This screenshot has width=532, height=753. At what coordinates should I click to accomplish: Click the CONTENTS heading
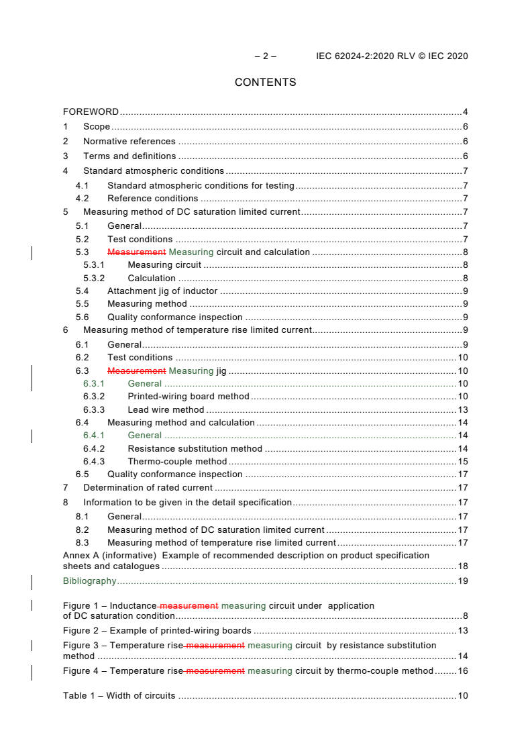(x=265, y=83)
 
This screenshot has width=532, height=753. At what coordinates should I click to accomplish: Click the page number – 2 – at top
(x=265, y=56)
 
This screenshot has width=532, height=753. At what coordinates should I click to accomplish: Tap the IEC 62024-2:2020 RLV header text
(x=392, y=56)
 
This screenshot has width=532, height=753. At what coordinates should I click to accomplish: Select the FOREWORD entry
(x=91, y=112)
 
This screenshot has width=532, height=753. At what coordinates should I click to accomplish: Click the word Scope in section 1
(x=97, y=127)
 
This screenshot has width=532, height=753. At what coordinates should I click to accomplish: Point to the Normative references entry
(x=129, y=142)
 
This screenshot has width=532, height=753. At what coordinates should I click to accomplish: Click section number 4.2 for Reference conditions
(x=82, y=199)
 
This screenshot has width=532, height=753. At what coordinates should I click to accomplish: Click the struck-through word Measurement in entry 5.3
(x=136, y=252)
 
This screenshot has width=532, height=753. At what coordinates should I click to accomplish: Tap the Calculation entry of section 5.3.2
(x=152, y=279)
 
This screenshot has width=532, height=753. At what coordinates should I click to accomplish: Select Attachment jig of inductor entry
(x=162, y=291)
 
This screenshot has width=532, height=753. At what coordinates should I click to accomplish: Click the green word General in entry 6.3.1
(x=144, y=384)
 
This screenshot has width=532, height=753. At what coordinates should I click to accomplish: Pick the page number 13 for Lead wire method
(x=462, y=410)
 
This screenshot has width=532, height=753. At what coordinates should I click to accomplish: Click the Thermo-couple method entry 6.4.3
(x=177, y=462)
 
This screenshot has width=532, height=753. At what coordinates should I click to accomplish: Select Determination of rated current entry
(x=148, y=488)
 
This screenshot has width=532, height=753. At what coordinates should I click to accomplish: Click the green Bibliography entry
(x=89, y=581)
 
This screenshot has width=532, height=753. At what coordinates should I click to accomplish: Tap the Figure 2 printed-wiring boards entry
(x=157, y=631)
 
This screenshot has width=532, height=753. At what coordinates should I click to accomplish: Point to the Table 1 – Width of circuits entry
(x=119, y=696)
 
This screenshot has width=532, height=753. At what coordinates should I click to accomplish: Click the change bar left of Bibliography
(x=32, y=581)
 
